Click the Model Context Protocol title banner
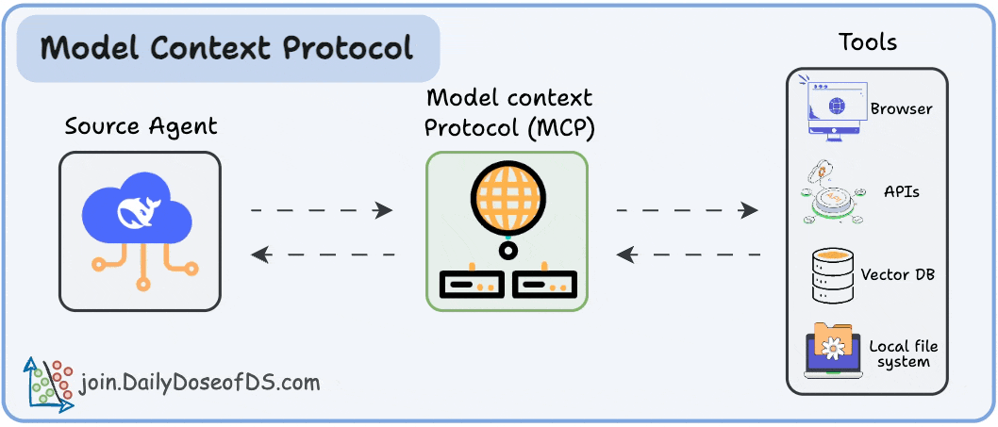[x=227, y=48]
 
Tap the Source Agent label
[x=141, y=126]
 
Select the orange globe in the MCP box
[x=507, y=199]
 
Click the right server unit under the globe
[x=544, y=283]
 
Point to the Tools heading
[x=867, y=42]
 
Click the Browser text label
[x=901, y=108]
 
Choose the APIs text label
[x=902, y=191]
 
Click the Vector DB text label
[x=897, y=275]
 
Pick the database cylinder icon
[x=830, y=275]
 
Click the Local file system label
[x=903, y=354]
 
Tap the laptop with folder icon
[x=830, y=351]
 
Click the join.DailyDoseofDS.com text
[x=200, y=383]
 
